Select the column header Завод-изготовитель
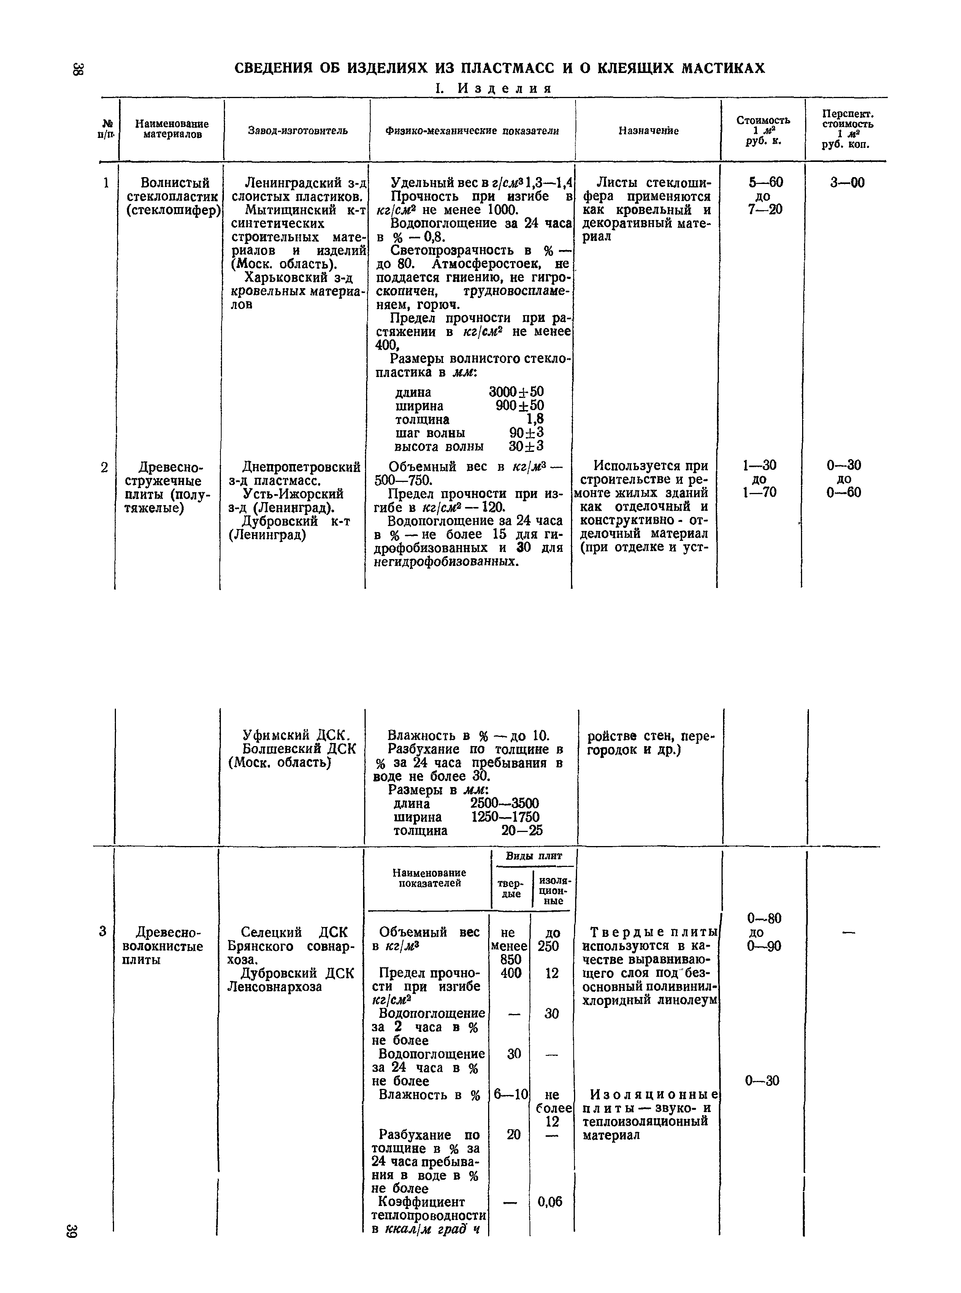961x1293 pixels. [298, 131]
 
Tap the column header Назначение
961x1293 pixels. [649, 131]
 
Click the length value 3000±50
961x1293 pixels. [516, 392]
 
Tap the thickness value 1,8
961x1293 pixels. [534, 419]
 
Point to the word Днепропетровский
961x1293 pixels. [301, 466]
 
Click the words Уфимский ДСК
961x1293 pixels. [295, 735]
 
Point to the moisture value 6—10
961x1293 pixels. [510, 1095]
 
